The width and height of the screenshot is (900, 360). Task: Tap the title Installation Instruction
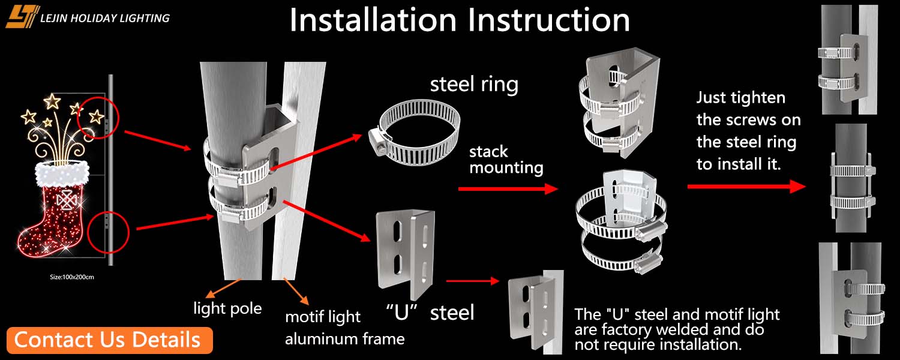[x=460, y=20]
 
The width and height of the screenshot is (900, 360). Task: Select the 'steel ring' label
[x=474, y=85]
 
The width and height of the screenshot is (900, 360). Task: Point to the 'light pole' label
[x=227, y=309]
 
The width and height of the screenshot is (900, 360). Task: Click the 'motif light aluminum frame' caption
[x=344, y=328]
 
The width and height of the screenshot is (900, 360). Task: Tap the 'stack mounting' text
[x=506, y=160]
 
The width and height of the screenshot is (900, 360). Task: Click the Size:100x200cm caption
[x=72, y=277]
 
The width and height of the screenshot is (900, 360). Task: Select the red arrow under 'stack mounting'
[x=507, y=189]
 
